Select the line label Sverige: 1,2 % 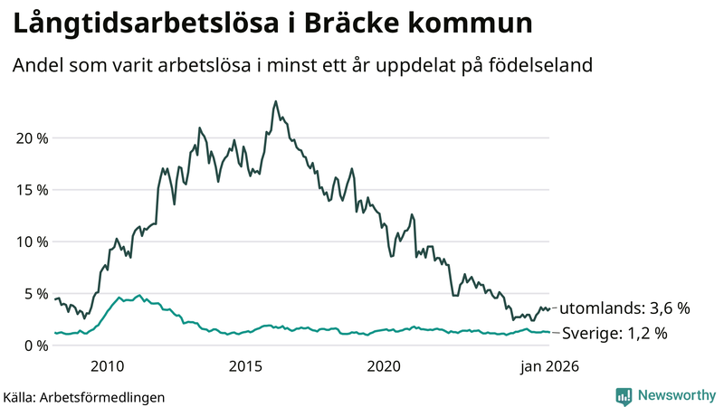coord(614,333)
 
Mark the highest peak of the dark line coord(275,101)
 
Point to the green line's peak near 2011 coord(138,295)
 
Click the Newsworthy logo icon coord(624,395)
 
